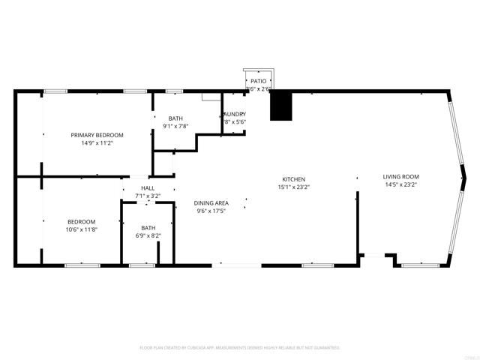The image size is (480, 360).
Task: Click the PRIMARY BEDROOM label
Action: (x=97, y=135)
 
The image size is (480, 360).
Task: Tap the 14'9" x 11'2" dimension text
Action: (x=97, y=143)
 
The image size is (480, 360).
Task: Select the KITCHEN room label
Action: (x=293, y=179)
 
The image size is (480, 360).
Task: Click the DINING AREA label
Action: (x=211, y=203)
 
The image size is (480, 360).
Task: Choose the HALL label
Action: (x=148, y=188)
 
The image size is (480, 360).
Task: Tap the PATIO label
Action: (x=259, y=81)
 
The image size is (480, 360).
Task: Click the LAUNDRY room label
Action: (x=234, y=114)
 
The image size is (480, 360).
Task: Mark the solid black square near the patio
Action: (x=280, y=106)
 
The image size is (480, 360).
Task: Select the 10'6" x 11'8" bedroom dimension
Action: (x=82, y=229)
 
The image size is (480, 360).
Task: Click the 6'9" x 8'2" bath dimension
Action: (x=148, y=235)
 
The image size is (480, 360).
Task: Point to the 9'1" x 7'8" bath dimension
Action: (x=175, y=126)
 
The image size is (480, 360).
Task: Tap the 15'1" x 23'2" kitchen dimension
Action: (x=293, y=187)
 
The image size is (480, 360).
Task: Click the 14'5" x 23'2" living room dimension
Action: (x=400, y=184)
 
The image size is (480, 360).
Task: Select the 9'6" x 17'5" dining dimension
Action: (x=211, y=211)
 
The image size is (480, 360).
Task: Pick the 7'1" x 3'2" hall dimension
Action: (x=148, y=196)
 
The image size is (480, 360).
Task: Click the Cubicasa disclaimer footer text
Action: (x=240, y=348)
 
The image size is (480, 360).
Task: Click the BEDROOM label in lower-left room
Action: (x=82, y=222)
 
